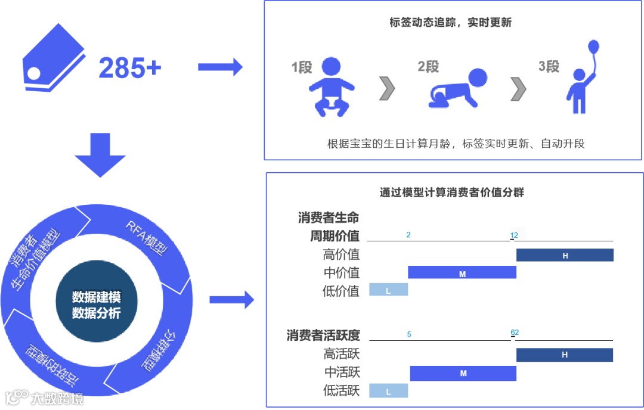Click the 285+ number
[130, 68]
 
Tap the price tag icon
[54, 59]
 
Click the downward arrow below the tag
[100, 154]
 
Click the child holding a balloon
[580, 89]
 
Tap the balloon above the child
[593, 47]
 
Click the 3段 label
[549, 66]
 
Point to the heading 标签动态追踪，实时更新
[450, 23]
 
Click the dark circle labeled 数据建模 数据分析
[97, 305]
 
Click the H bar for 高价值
[565, 256]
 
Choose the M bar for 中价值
[462, 273]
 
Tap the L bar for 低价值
[389, 290]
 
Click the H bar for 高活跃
[565, 355]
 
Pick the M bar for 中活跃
[463, 373]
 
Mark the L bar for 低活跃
[389, 391]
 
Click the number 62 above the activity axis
[515, 333]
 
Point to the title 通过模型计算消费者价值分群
[451, 192]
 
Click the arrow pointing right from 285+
[220, 67]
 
